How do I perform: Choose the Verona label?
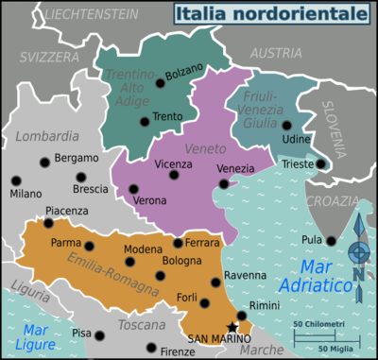point(149,200)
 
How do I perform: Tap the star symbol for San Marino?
point(233,327)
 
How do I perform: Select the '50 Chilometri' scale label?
point(318,324)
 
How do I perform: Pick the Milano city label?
point(26,194)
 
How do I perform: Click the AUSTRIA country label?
point(275,53)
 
